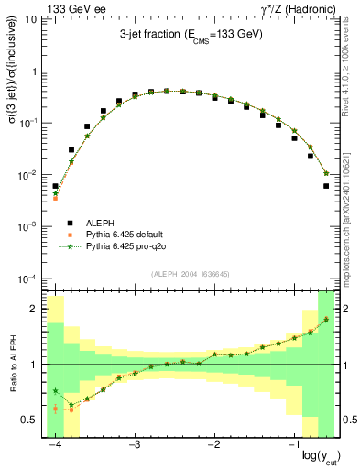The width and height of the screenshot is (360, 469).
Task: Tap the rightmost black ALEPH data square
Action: pyautogui.click(x=326, y=186)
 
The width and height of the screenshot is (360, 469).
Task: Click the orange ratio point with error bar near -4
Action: pyautogui.click(x=56, y=409)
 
